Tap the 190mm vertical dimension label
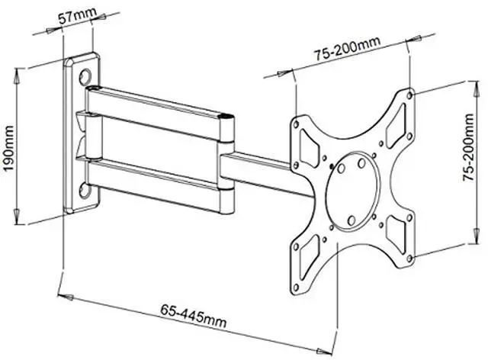[x=8, y=148]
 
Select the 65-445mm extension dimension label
[x=193, y=316]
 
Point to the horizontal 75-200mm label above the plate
[x=347, y=48]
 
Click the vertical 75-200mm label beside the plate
[x=468, y=147]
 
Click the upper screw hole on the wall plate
[x=85, y=76]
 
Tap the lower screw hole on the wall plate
[x=85, y=191]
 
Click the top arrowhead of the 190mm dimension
[x=18, y=76]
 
